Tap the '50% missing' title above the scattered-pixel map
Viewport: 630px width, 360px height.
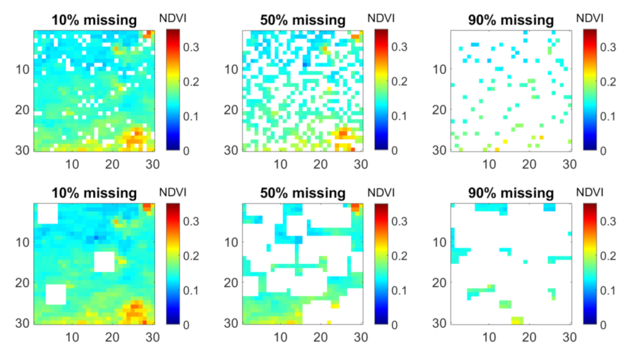tap(303, 20)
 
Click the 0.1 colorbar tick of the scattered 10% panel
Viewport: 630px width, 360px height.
tap(192, 116)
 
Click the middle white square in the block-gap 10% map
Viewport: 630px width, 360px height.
tap(104, 262)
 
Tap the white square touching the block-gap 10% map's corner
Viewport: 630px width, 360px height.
tap(47, 213)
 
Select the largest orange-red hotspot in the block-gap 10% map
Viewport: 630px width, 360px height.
tap(136, 311)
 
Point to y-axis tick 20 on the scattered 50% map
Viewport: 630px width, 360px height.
tap(232, 109)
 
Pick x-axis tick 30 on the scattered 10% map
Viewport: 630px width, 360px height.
tap(153, 163)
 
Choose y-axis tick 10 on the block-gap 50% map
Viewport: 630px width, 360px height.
tap(232, 242)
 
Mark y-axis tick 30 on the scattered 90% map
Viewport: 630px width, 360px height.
tap(441, 149)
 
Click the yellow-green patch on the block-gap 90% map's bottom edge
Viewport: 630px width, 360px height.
tap(517, 320)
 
